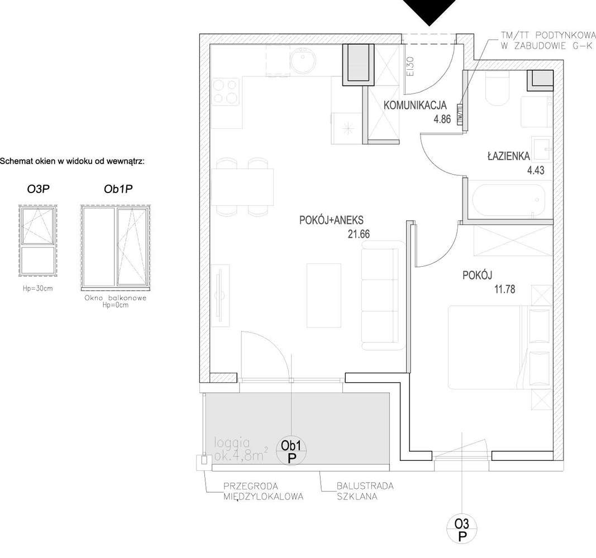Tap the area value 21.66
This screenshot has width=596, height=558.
click(359, 235)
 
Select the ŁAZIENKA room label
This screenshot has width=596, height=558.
click(508, 157)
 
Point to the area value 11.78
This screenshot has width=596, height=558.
click(504, 289)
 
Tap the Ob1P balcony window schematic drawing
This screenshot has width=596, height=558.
click(116, 247)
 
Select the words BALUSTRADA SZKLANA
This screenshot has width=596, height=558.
click(365, 491)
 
